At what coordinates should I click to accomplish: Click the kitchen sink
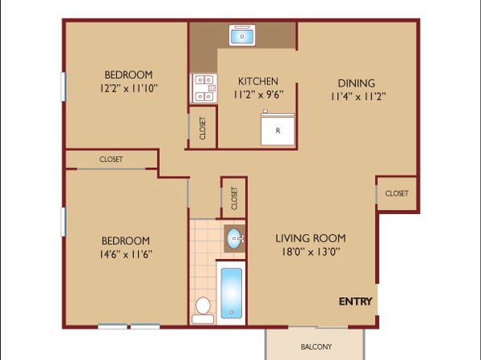[242, 36]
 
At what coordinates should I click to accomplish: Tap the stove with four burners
[203, 89]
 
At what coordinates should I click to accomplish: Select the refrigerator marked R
[278, 128]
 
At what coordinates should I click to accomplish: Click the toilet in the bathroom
[203, 310]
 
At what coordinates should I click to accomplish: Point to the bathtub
[232, 293]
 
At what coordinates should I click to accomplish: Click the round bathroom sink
[236, 238]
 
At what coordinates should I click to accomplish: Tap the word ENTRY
[356, 301]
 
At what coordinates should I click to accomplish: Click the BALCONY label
[316, 347]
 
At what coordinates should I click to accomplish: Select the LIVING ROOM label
[311, 238]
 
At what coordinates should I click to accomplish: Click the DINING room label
[357, 83]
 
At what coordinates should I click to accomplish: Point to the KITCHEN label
[258, 82]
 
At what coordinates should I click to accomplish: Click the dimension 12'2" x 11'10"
[128, 89]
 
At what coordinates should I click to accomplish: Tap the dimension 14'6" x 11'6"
[126, 254]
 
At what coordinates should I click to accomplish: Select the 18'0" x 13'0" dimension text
[311, 252]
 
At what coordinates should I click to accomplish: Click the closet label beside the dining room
[396, 194]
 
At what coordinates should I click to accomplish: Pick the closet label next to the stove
[203, 128]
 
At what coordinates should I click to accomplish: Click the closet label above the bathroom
[235, 199]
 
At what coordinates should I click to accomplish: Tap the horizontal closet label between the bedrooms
[111, 159]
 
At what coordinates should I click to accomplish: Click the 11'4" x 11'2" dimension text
[358, 97]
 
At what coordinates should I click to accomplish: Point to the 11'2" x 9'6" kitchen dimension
[258, 94]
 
